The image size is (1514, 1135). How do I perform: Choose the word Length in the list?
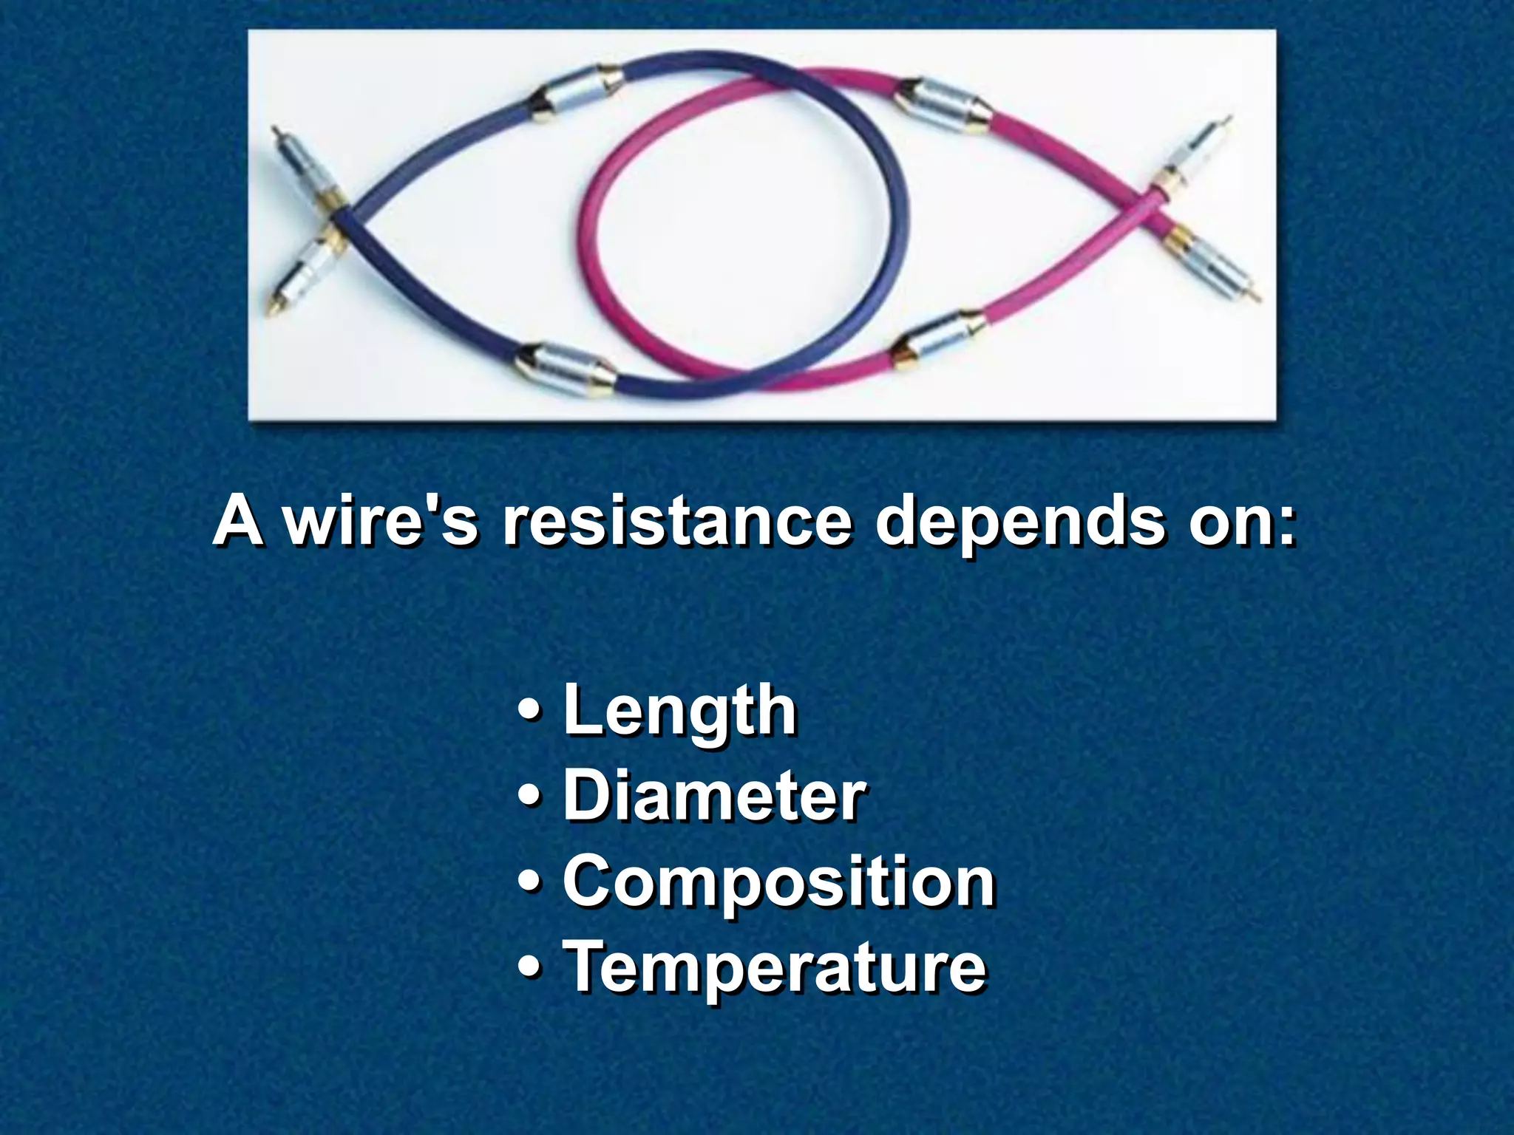(x=680, y=711)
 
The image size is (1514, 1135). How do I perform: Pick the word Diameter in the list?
(x=714, y=796)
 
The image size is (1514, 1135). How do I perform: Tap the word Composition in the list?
(x=779, y=882)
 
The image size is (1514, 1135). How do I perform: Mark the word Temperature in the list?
(x=775, y=967)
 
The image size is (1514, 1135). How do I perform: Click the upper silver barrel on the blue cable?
(x=577, y=92)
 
